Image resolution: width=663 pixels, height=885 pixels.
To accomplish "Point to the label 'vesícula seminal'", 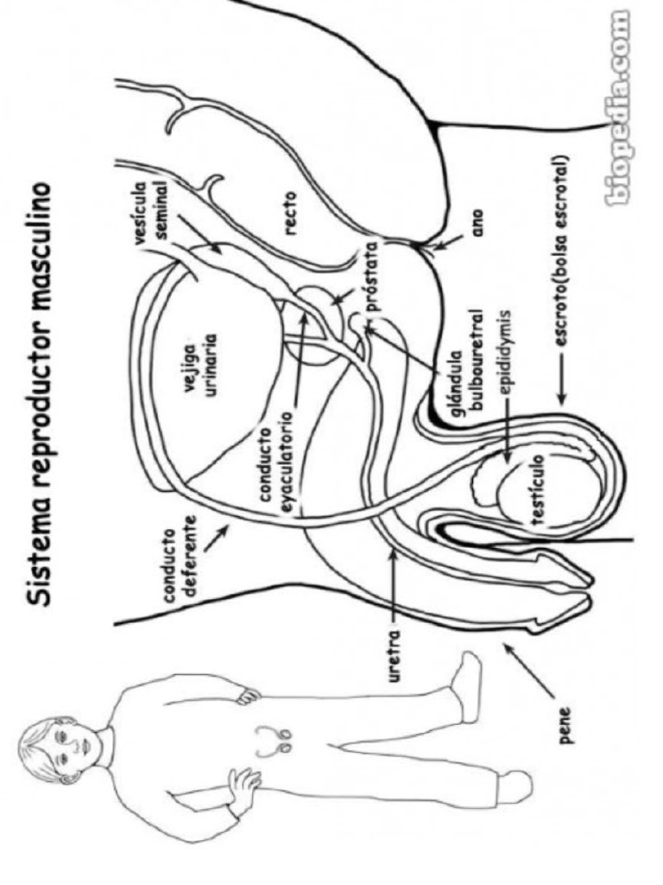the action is coord(152,203).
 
